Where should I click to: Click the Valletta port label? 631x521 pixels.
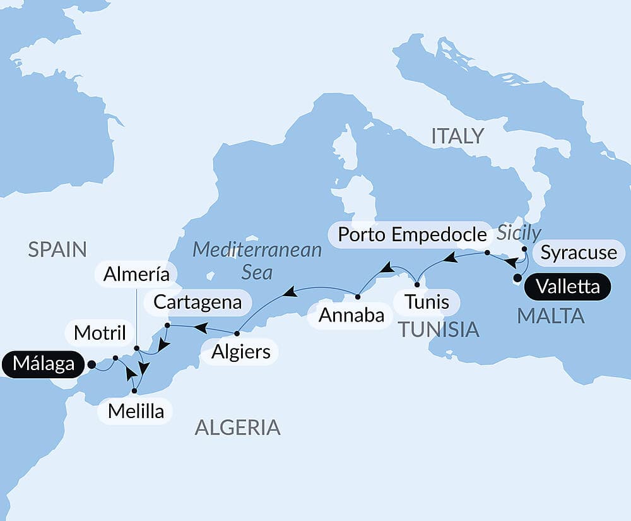point(567,287)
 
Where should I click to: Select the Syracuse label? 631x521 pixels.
point(579,253)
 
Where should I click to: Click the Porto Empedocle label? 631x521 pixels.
point(413,234)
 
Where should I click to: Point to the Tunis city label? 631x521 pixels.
point(427,302)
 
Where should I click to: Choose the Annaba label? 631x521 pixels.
point(351,315)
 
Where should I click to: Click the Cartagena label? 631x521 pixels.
point(198,302)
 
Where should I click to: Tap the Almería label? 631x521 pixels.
point(137,274)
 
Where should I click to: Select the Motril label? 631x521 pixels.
point(100,333)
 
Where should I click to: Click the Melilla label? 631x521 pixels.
point(136,412)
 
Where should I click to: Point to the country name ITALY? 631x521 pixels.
point(457,136)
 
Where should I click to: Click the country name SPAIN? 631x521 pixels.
point(57,249)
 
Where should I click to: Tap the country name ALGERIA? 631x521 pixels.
point(237,428)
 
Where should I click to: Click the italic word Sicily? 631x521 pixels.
point(519,233)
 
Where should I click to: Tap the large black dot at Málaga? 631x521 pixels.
point(91,364)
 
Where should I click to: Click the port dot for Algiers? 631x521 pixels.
point(237,333)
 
